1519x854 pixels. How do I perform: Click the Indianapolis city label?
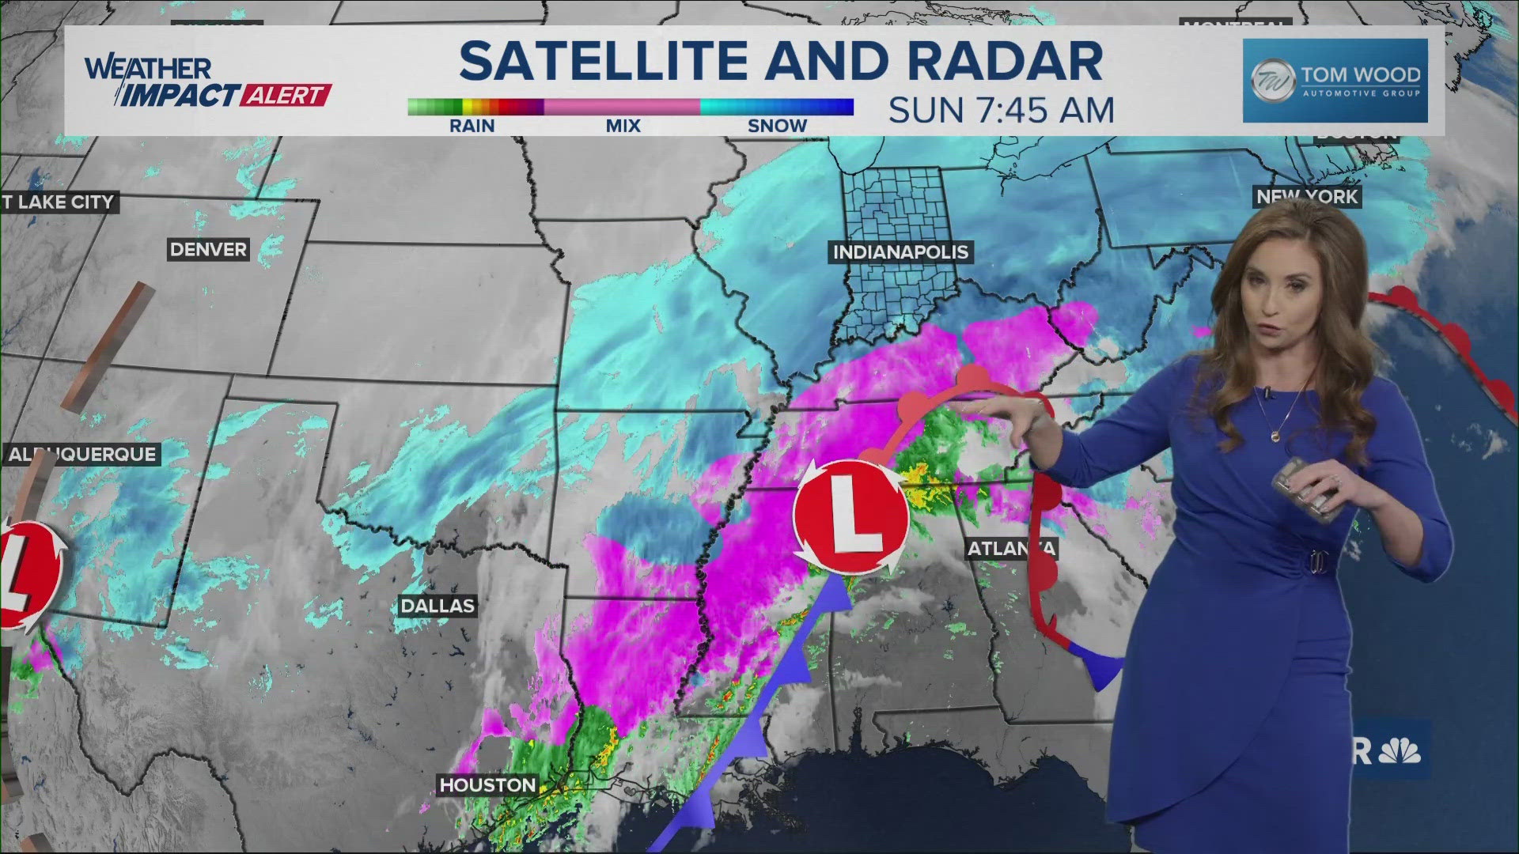tap(900, 252)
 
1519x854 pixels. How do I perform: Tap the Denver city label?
tap(208, 250)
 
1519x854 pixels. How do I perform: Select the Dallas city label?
tap(438, 606)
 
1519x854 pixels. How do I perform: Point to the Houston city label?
tap(487, 785)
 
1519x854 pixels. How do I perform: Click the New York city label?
tap(1307, 197)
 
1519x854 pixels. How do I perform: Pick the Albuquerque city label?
tap(82, 455)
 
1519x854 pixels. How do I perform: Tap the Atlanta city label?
tap(1010, 549)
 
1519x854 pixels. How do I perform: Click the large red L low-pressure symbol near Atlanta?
tap(850, 516)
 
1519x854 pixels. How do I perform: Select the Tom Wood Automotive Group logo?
tap(1335, 81)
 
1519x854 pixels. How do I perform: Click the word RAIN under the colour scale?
tap(472, 126)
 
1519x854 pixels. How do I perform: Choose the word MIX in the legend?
tap(623, 126)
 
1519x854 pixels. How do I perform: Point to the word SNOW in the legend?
tap(777, 126)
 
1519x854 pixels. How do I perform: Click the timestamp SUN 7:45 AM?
tap(1001, 111)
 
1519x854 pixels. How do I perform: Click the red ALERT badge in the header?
tap(285, 96)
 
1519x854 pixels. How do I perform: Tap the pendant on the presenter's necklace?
tap(1276, 436)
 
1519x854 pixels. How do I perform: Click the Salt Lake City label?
tap(59, 202)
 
